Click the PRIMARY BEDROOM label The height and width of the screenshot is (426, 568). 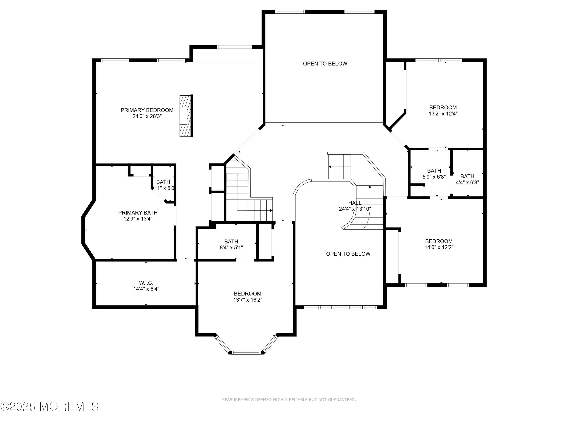(x=147, y=110)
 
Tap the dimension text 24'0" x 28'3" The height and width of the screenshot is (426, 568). (x=147, y=116)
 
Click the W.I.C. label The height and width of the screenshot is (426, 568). (x=146, y=283)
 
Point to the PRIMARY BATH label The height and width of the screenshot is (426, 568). (x=138, y=213)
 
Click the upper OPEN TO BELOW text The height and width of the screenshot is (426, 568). (x=325, y=64)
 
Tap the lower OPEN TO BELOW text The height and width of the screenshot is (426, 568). (x=348, y=254)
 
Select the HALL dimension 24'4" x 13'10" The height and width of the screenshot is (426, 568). (x=355, y=209)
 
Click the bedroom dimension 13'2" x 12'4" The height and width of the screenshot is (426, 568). (x=443, y=113)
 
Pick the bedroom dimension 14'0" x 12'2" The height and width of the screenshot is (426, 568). (x=439, y=247)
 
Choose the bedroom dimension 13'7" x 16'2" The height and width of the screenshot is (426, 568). (x=247, y=300)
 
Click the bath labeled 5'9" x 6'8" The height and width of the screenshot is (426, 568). (x=434, y=174)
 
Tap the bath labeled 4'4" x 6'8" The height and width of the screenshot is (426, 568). (x=467, y=179)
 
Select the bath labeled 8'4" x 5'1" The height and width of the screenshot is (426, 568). (x=231, y=244)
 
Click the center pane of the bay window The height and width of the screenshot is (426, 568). (x=246, y=352)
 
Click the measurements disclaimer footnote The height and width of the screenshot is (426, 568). (x=288, y=399)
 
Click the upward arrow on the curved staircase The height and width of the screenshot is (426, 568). (x=370, y=187)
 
